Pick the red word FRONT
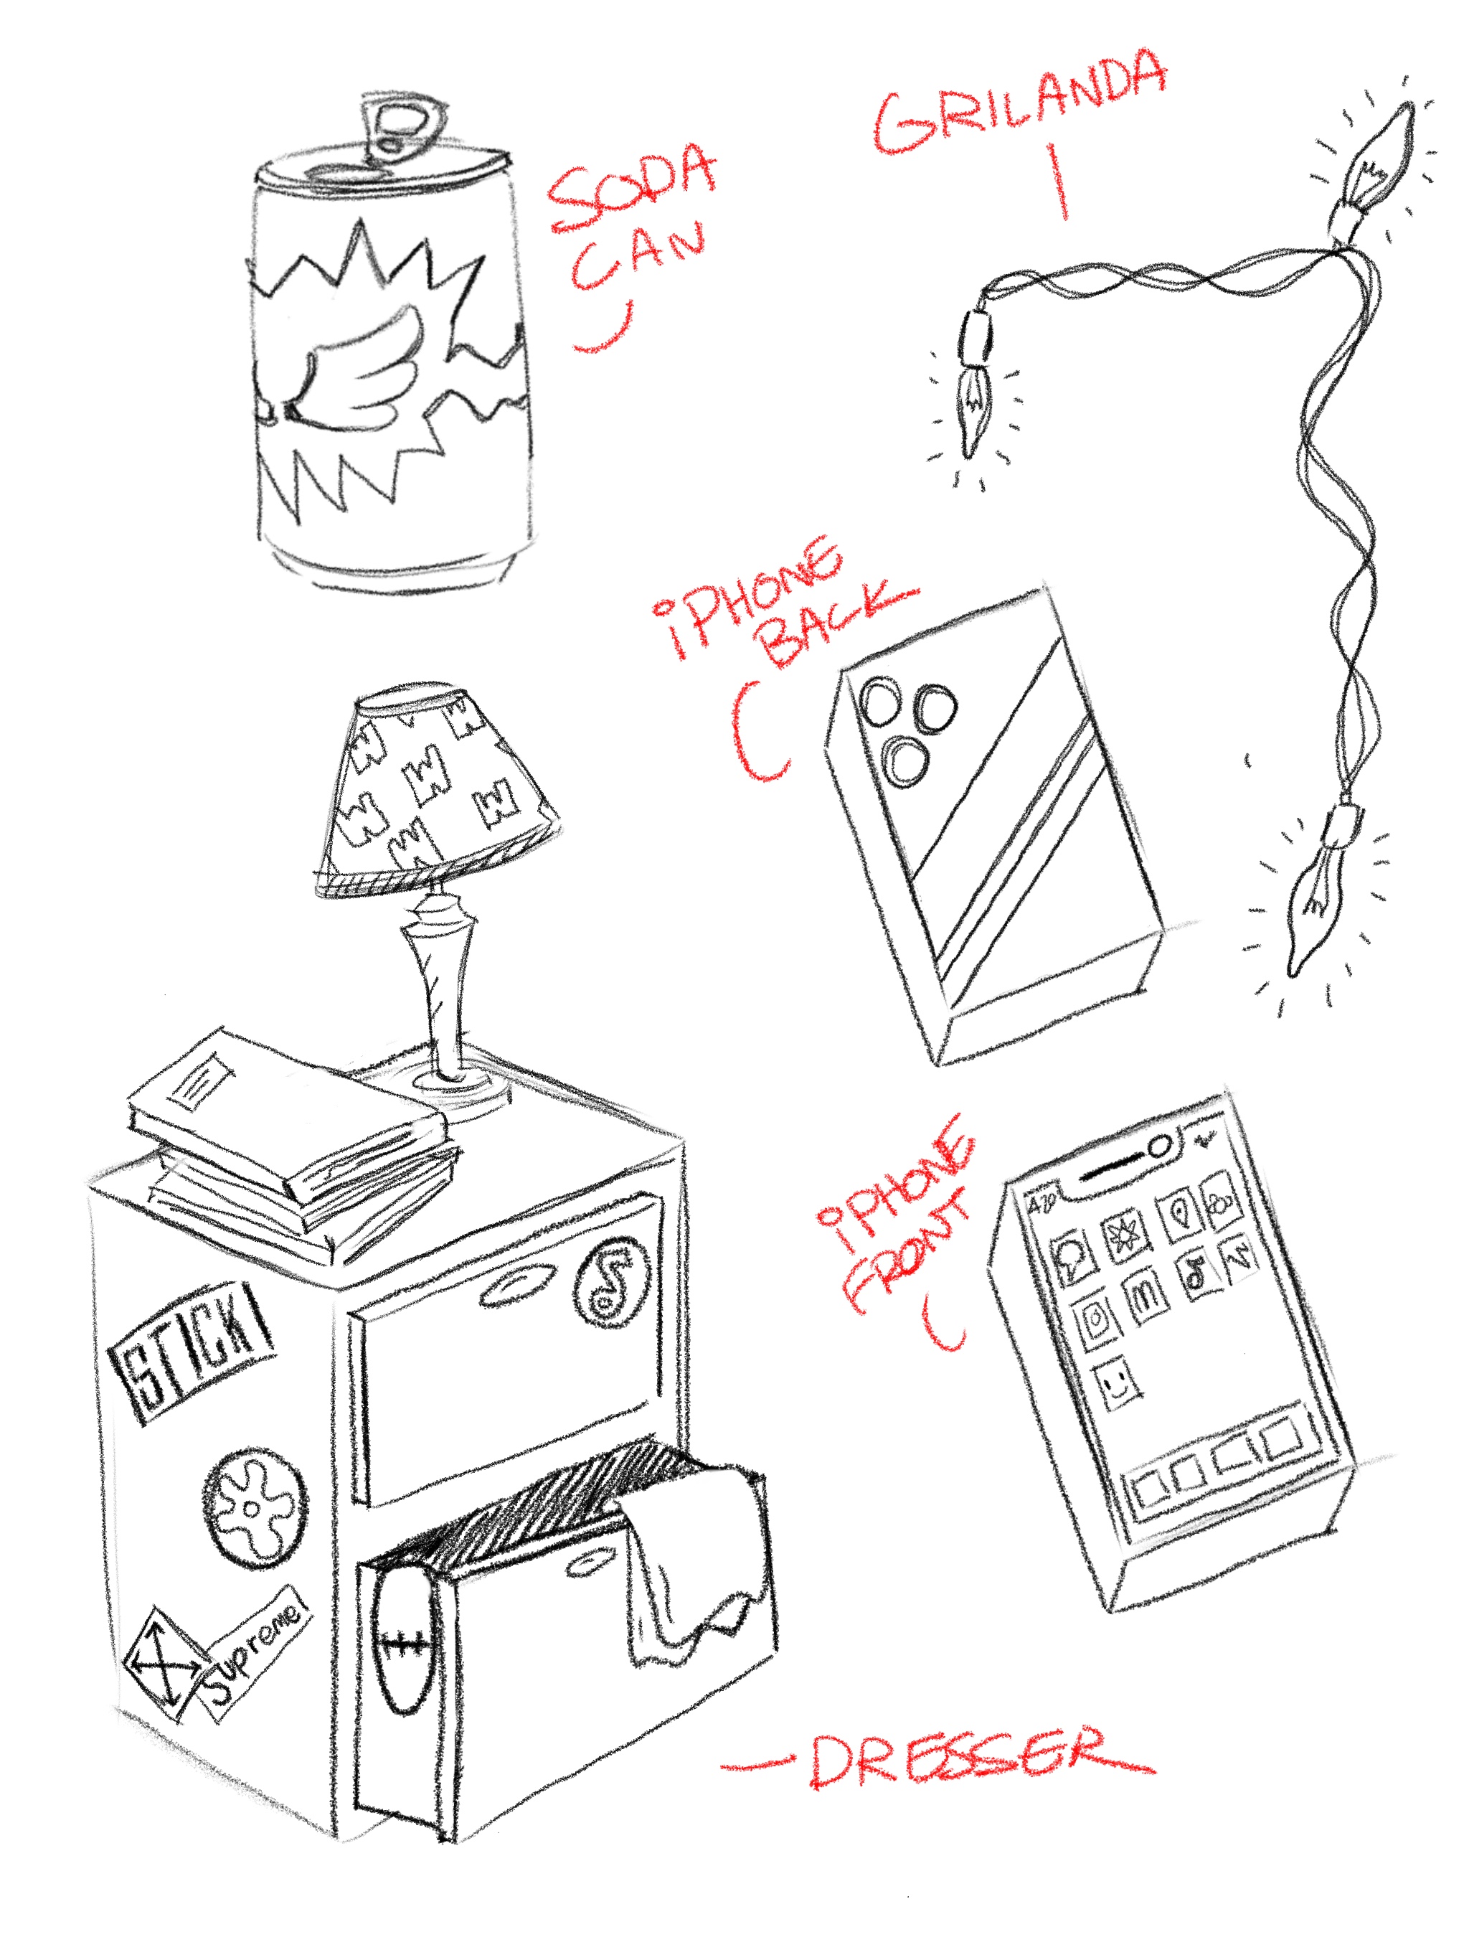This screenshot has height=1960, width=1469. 899,1258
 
